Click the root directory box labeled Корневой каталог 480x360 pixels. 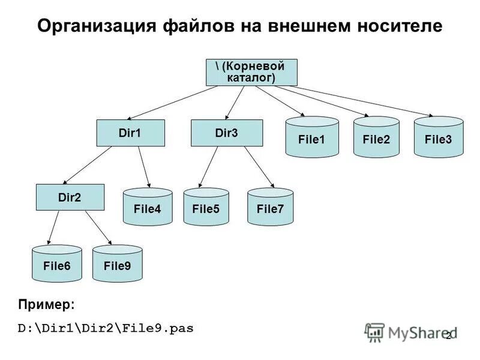coord(248,72)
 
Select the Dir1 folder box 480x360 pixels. coord(130,133)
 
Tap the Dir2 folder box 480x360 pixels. coord(70,197)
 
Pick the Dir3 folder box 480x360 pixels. coord(226,133)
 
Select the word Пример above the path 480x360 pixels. coord(46,305)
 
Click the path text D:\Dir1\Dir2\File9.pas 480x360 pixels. coord(106,329)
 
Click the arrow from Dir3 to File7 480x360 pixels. coord(259,166)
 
